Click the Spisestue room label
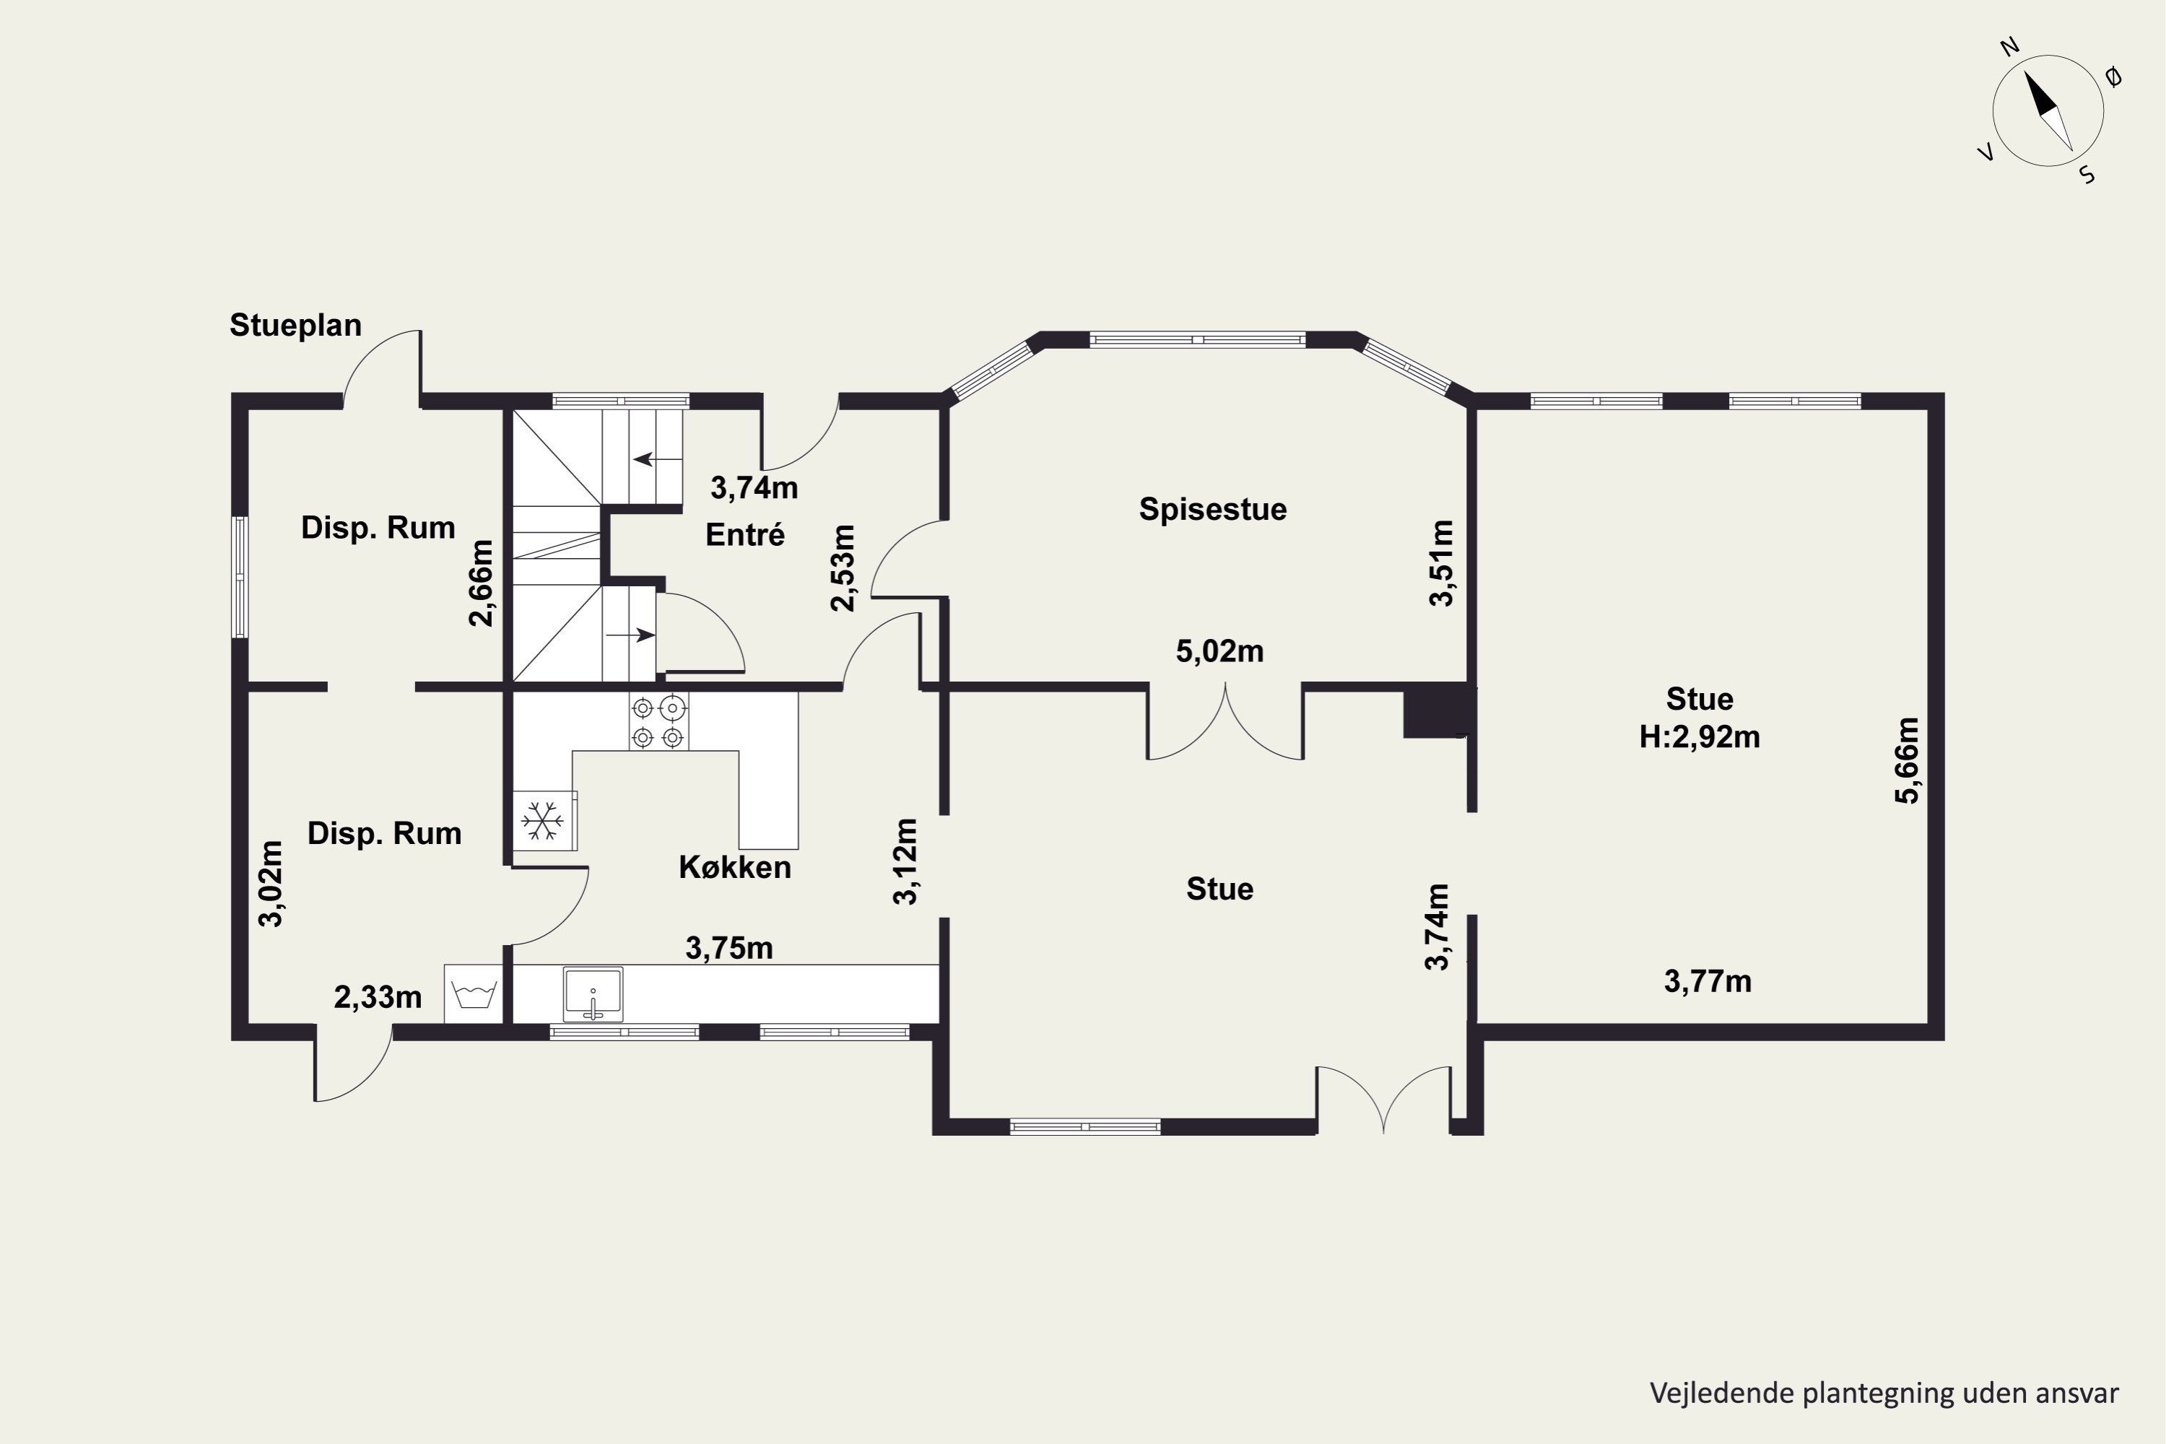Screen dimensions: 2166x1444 (1213, 509)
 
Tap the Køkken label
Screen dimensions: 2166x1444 (735, 868)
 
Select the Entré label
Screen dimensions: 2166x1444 (745, 534)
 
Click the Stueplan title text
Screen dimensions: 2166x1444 (295, 325)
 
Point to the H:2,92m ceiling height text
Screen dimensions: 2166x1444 (1700, 736)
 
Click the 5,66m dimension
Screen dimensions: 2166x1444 (1908, 761)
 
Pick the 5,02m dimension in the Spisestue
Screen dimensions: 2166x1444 (1219, 651)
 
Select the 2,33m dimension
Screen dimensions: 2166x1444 (378, 996)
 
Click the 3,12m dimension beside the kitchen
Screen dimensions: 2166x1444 (907, 862)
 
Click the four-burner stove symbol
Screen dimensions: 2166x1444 (658, 722)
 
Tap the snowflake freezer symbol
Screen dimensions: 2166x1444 (544, 819)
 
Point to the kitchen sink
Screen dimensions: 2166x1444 (593, 993)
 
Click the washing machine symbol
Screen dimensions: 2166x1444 (474, 993)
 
